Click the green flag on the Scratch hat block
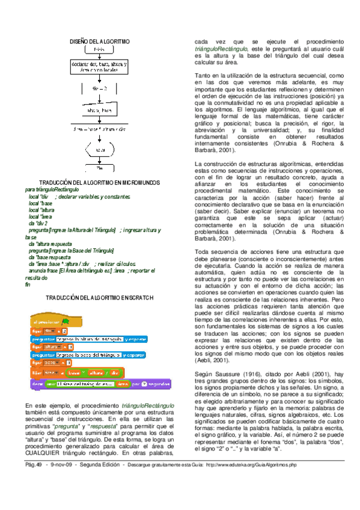point(66,322)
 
